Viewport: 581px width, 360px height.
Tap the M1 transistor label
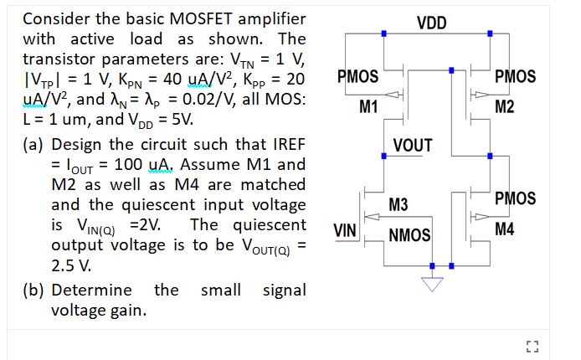coord(368,105)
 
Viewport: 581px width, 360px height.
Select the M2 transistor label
coord(505,105)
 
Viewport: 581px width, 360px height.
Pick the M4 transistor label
coord(505,229)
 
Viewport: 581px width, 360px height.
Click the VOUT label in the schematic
coord(412,146)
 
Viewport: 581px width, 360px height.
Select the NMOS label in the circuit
coord(409,235)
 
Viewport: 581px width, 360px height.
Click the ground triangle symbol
coord(432,283)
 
